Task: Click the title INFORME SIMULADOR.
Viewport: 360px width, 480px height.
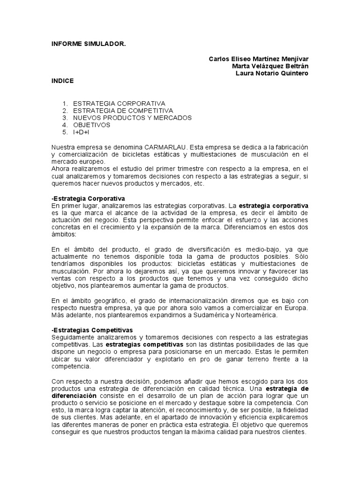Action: [89, 44]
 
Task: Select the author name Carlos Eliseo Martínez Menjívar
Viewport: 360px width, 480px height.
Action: [259, 59]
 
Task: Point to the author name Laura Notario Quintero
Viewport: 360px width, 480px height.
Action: [271, 73]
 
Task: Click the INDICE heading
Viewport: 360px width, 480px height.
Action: [62, 81]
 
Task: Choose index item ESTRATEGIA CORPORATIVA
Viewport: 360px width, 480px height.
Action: [119, 103]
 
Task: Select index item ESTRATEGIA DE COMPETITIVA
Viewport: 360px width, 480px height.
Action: [123, 111]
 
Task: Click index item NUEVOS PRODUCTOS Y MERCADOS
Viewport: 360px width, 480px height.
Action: [132, 118]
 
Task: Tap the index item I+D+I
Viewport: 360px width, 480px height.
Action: [81, 132]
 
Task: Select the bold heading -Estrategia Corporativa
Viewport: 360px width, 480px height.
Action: [88, 198]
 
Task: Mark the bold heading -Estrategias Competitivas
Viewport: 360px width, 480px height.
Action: [92, 330]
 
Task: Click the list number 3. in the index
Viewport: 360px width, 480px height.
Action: [65, 118]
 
